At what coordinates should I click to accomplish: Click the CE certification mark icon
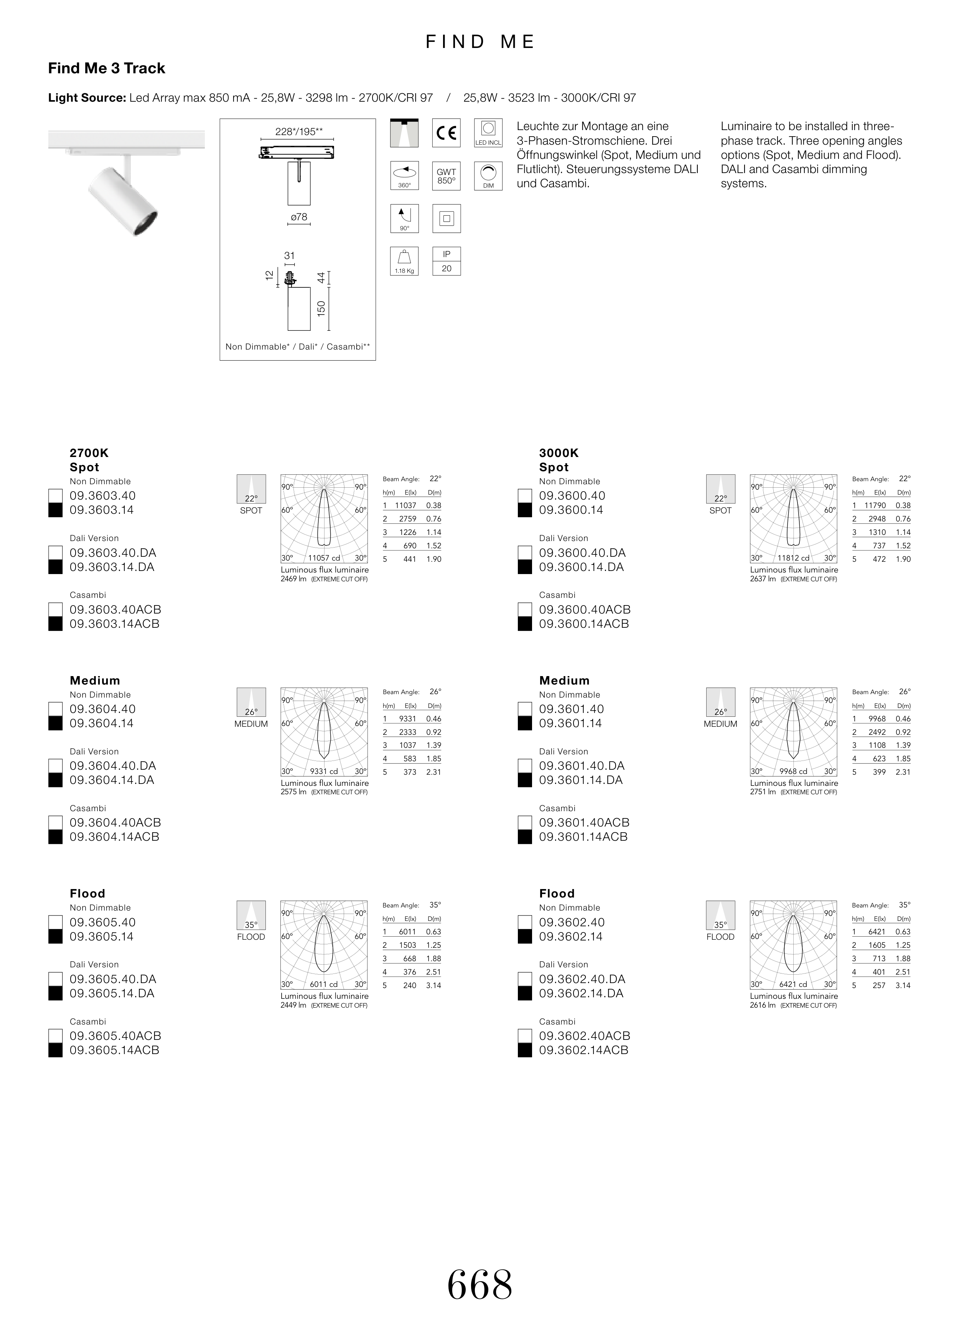pyautogui.click(x=447, y=133)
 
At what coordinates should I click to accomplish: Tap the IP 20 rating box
pyautogui.click(x=447, y=261)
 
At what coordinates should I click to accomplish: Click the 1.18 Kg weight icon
pyautogui.click(x=404, y=261)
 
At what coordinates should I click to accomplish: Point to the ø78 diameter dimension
pyautogui.click(x=299, y=217)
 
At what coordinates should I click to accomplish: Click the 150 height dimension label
pyautogui.click(x=321, y=308)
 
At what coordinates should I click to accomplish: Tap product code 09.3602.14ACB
pyautogui.click(x=583, y=1050)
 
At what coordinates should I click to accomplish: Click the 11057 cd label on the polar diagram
pyautogui.click(x=324, y=558)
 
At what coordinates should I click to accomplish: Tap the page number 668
pyautogui.click(x=479, y=1285)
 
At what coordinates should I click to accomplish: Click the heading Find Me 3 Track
pyautogui.click(x=106, y=69)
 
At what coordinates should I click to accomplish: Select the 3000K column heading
pyautogui.click(x=559, y=454)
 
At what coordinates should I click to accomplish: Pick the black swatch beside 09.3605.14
pyautogui.click(x=56, y=937)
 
